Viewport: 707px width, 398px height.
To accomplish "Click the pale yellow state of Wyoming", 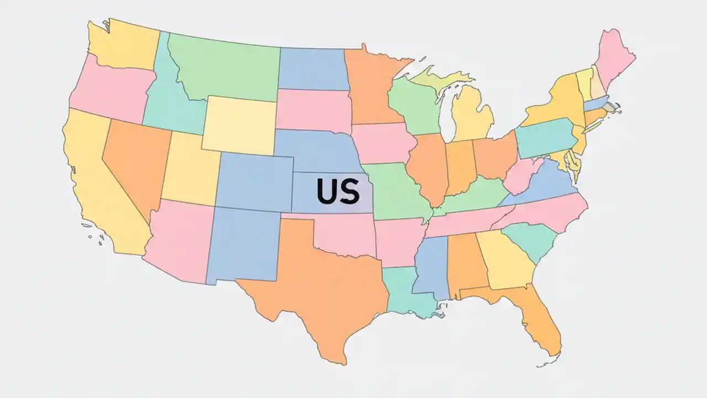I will coord(239,126).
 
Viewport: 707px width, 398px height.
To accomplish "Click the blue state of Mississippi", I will coord(431,265).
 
